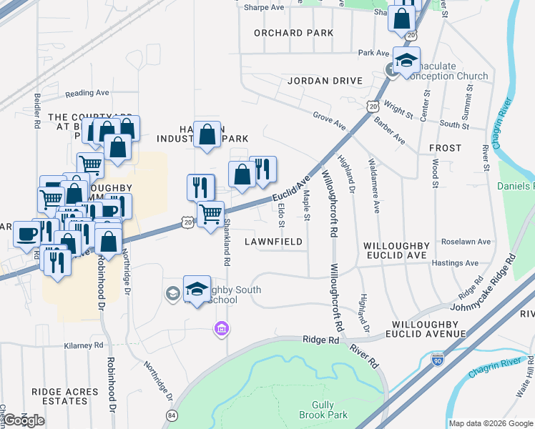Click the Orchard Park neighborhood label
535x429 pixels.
pos(293,33)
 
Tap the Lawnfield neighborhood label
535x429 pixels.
pos(274,242)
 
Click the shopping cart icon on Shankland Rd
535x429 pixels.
pos(210,214)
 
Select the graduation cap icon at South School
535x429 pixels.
pos(197,288)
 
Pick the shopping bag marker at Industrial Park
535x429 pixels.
pos(207,134)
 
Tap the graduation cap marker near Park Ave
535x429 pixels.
pos(406,59)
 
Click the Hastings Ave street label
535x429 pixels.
pos(457,263)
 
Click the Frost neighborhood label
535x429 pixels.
pos(445,148)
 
